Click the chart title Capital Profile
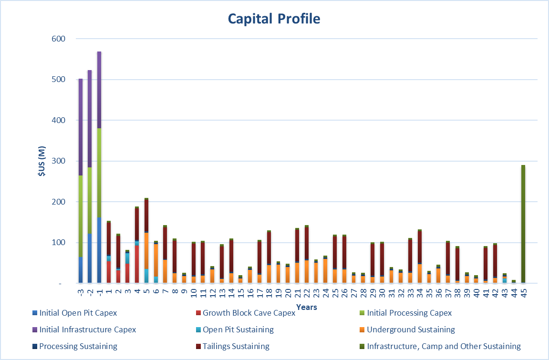[x=274, y=19]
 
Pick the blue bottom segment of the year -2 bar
[x=90, y=258]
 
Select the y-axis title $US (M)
[x=41, y=161]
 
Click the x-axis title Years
[x=306, y=307]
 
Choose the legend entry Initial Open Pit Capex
[x=78, y=313]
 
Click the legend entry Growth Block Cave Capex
[x=249, y=313]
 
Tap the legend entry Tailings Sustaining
[x=236, y=346]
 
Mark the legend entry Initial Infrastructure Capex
[x=87, y=329]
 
